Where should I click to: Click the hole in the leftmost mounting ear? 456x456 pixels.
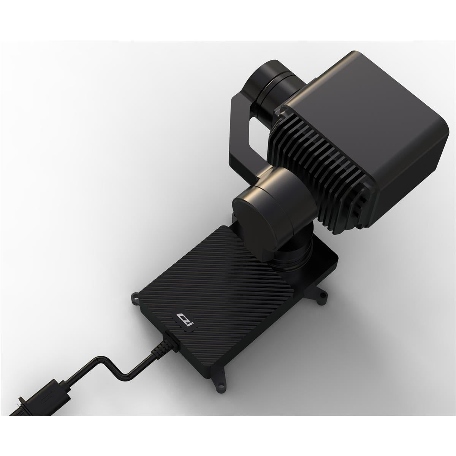[135, 298]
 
